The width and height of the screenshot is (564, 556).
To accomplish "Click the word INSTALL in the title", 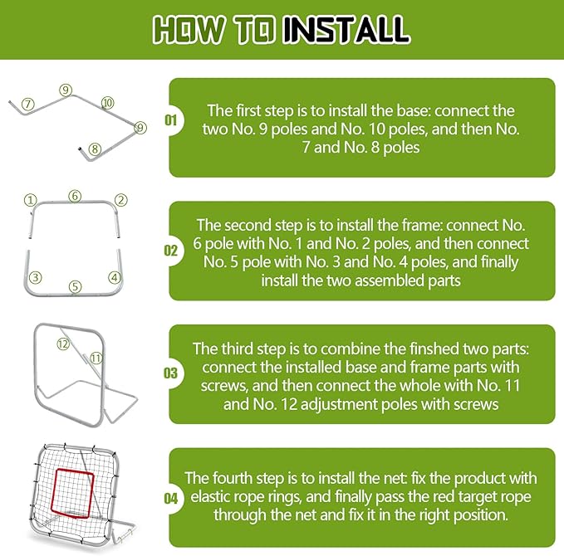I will point(345,30).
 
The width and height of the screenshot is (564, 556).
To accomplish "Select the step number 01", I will point(171,121).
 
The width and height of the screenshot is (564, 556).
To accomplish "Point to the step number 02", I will point(171,249).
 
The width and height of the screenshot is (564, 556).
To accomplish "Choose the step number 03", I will point(171,374).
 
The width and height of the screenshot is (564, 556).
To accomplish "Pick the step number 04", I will point(171,499).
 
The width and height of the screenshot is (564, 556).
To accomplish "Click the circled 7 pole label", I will point(28,105).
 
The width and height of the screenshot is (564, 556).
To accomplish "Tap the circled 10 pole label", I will point(107,102).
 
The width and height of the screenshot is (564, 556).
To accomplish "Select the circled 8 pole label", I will point(95,149).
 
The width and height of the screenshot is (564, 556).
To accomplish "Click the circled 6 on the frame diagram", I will point(75,196).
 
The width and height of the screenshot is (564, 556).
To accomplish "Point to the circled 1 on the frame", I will point(31,200).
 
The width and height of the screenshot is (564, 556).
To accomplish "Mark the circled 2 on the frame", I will point(120,200).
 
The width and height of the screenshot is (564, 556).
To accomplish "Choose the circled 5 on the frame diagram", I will point(75,287).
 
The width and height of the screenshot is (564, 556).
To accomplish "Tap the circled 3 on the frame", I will point(36,277).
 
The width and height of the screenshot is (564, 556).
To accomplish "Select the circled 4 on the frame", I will point(115,277).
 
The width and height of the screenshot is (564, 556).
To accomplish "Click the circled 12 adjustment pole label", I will point(61,344).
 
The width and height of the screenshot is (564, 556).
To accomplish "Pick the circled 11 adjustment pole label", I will point(96,358).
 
